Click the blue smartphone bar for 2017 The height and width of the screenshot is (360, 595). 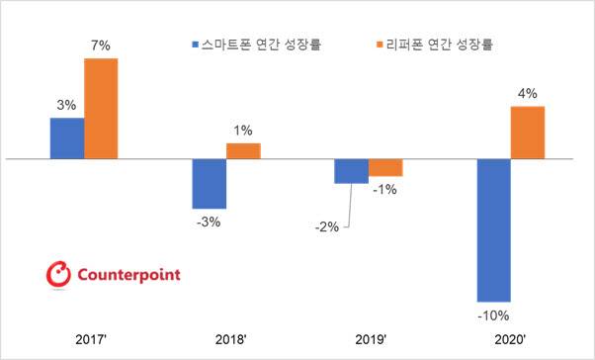point(67,138)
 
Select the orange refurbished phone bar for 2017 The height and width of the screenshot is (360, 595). point(101,109)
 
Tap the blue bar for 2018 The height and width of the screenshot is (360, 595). point(210,183)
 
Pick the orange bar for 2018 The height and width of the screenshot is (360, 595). point(243,150)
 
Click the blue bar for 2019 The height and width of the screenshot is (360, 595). point(351,171)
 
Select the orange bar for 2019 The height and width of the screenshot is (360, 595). point(384,167)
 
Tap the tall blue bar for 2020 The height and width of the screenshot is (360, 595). point(493,229)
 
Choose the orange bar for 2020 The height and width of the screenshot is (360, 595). point(527,132)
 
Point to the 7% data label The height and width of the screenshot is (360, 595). point(101,45)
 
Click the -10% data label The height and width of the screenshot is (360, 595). point(492,316)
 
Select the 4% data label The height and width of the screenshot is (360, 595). point(528,94)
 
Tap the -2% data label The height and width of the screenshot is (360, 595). point(326,226)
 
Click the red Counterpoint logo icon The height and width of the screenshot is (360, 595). point(59,273)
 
